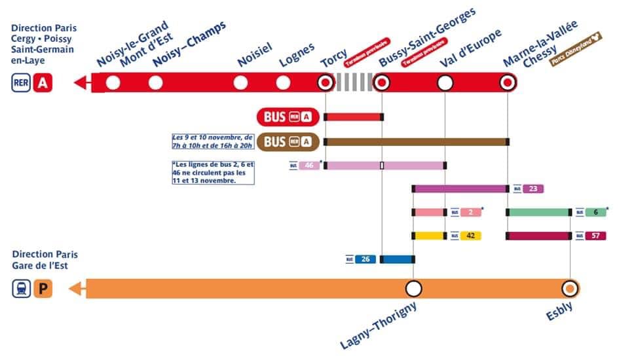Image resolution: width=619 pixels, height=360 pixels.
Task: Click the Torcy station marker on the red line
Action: (x=325, y=83)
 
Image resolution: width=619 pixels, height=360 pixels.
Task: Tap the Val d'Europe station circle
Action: (x=445, y=83)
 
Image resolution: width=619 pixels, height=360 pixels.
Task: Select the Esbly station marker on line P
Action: (x=570, y=289)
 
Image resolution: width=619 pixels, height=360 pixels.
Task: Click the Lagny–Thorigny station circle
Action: (x=413, y=289)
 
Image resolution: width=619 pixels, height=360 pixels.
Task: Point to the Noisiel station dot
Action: (x=240, y=83)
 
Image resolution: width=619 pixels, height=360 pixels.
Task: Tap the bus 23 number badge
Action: (x=533, y=189)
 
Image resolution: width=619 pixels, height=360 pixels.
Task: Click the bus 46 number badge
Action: (x=309, y=166)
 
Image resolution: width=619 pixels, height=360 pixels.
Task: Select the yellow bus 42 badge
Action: (x=470, y=236)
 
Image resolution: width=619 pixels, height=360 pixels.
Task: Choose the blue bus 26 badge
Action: (x=366, y=259)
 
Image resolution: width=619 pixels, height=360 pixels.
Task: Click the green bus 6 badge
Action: (x=595, y=212)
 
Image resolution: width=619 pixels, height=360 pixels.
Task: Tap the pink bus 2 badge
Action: (x=470, y=212)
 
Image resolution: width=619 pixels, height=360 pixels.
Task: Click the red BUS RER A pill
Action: (x=288, y=117)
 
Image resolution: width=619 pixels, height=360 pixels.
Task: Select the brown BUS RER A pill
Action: (x=288, y=141)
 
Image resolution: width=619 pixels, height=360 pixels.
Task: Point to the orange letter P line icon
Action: (x=43, y=289)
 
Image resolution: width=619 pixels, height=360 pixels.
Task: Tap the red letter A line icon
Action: (x=43, y=83)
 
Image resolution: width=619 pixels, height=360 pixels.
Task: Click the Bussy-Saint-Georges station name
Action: (x=427, y=37)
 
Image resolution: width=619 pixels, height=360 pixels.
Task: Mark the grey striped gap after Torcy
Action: (x=353, y=83)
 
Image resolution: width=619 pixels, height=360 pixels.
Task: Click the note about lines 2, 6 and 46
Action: (x=212, y=172)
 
